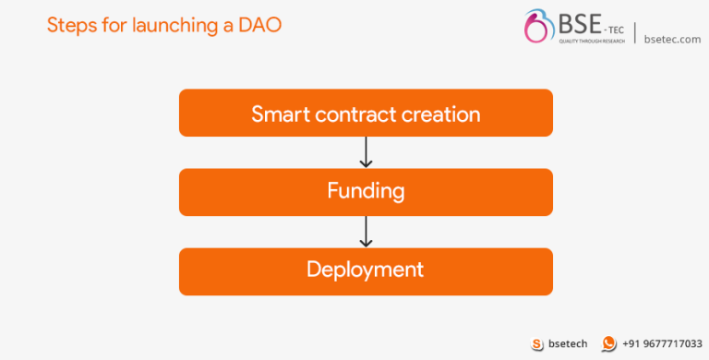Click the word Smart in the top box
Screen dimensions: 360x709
coord(280,114)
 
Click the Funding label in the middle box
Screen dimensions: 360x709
coord(366,191)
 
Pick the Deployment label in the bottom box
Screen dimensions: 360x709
coord(366,270)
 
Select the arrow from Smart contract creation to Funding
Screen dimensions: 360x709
coord(366,152)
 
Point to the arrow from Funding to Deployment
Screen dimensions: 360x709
coord(366,232)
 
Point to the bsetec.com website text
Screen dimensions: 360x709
coord(672,39)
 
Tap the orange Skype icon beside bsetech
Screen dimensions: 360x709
coord(537,343)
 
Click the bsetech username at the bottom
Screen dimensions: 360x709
coord(568,343)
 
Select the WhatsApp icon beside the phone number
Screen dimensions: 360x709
coord(609,343)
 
